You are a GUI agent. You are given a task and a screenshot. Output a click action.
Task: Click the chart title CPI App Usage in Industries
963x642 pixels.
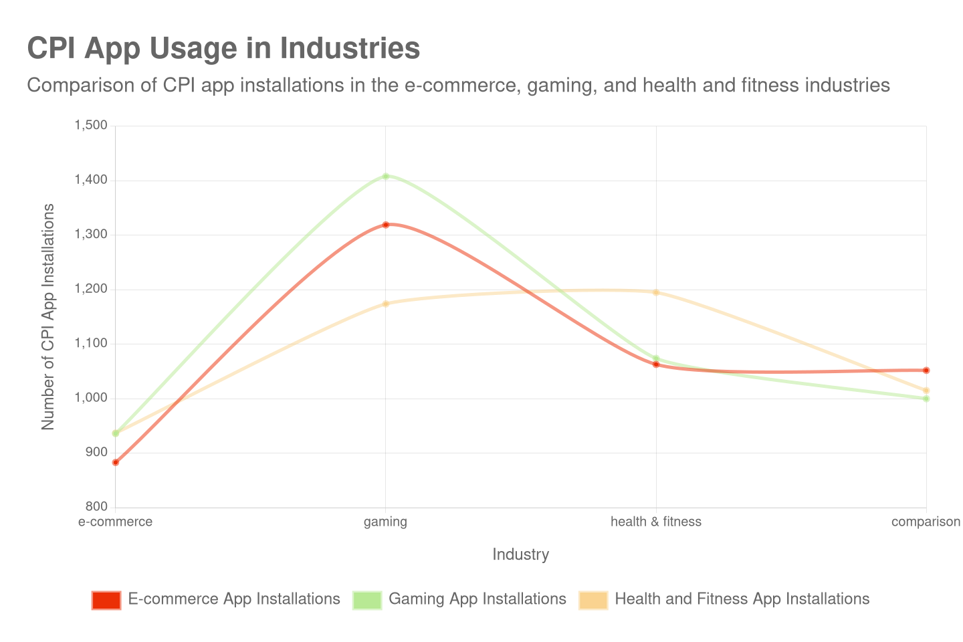tap(223, 49)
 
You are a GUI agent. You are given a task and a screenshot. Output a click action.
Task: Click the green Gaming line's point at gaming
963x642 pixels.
tap(386, 177)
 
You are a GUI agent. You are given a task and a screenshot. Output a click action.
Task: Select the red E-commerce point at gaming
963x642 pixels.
tap(386, 225)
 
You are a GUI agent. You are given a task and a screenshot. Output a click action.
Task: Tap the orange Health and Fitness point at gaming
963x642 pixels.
tap(386, 304)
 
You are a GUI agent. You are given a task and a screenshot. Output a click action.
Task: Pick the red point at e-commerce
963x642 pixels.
tap(116, 462)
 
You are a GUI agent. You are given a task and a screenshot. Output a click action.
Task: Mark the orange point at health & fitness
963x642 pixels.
tap(656, 292)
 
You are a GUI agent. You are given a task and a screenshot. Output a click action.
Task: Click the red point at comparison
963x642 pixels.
tap(926, 370)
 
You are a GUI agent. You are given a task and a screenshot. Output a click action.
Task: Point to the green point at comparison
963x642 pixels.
tap(926, 399)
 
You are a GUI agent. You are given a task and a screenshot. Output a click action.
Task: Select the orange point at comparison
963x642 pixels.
tap(926, 391)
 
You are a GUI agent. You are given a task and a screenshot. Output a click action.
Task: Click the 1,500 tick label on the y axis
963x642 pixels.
tap(91, 125)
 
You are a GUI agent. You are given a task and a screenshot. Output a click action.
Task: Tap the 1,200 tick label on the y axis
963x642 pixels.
tap(91, 288)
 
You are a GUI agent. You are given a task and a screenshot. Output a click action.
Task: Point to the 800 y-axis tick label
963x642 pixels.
tap(96, 506)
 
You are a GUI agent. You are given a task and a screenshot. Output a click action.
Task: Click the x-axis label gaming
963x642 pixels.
tap(385, 522)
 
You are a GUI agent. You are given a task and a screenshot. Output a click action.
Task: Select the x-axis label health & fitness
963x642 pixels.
tap(656, 522)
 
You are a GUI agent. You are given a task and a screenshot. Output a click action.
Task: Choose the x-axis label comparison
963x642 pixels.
tap(926, 522)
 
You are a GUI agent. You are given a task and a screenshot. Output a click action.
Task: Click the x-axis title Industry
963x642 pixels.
tap(521, 554)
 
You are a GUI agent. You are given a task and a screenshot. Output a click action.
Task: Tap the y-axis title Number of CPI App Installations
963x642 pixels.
tap(47, 317)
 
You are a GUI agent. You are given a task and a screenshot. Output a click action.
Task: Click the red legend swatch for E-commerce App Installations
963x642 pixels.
tap(106, 600)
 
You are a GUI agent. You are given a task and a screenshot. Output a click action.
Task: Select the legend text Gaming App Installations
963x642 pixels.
tap(477, 599)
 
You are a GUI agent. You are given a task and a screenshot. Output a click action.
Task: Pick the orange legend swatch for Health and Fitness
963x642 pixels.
tap(593, 600)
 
